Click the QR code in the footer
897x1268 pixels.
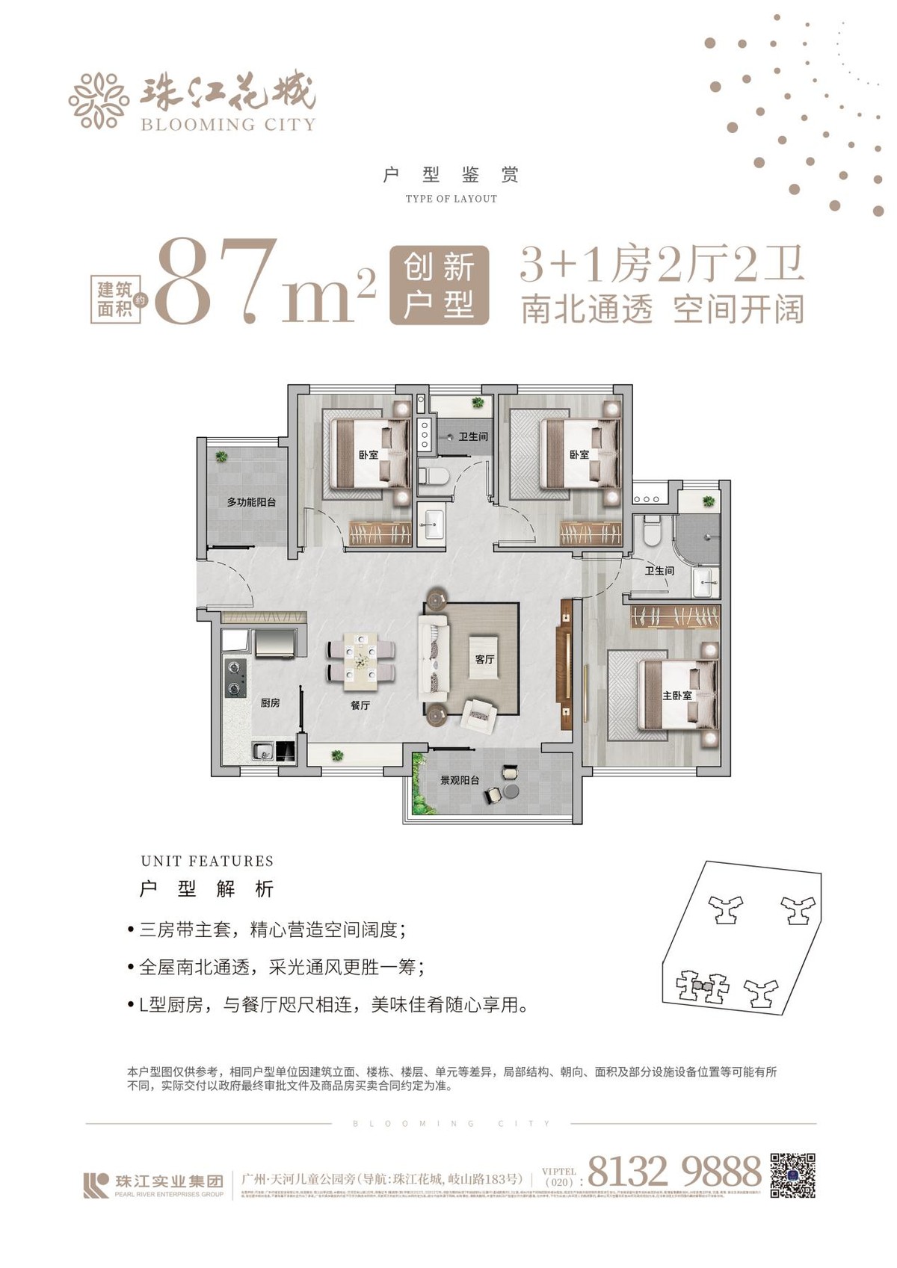click(x=792, y=1175)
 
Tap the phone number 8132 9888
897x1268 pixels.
click(x=674, y=1171)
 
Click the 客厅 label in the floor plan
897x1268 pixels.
click(x=484, y=660)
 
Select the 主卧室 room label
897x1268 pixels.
click(x=677, y=696)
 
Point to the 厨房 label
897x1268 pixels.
click(x=270, y=703)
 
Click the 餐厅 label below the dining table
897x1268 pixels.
click(x=360, y=705)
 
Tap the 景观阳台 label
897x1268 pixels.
click(x=460, y=781)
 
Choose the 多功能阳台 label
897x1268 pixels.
click(x=251, y=502)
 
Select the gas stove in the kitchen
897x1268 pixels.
click(x=235, y=677)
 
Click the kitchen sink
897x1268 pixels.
click(x=262, y=752)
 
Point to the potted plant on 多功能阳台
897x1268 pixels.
click(x=222, y=456)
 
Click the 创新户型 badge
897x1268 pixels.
click(x=440, y=285)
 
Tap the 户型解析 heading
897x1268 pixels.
click(x=207, y=889)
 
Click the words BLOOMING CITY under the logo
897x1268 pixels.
click(x=228, y=125)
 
